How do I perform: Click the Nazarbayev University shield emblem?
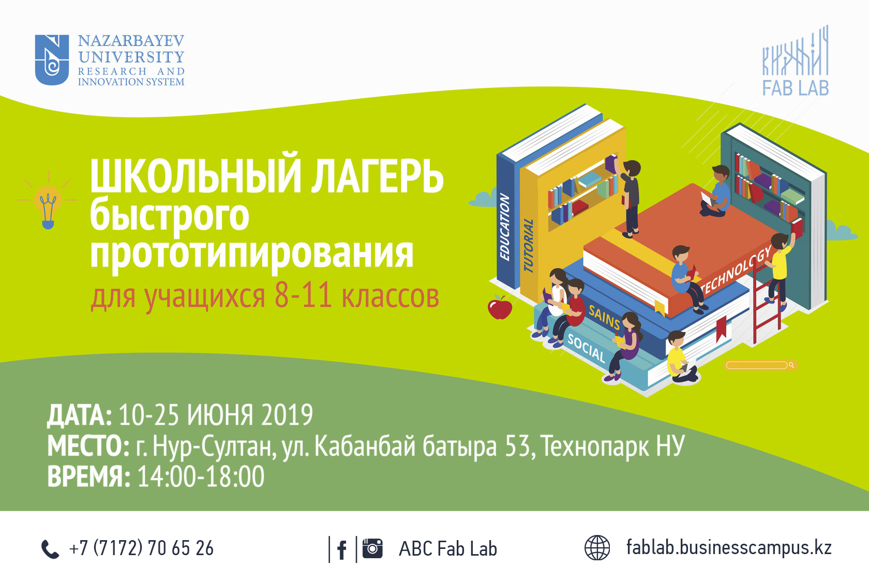point(52,60)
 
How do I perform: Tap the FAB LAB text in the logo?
point(796,88)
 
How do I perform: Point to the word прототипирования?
point(252,254)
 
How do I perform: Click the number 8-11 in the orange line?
point(303,296)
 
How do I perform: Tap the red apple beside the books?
point(500,307)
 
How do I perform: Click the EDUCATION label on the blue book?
point(504,227)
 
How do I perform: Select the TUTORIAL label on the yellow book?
point(529,245)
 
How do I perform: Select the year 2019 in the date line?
point(287,414)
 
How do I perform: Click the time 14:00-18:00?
point(201,476)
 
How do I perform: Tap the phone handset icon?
point(50,549)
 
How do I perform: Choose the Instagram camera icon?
point(372,548)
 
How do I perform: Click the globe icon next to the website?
point(597,547)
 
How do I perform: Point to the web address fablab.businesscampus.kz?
point(729,547)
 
